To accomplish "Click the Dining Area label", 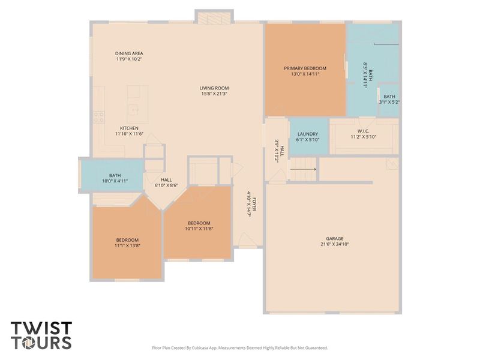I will (x=129, y=53).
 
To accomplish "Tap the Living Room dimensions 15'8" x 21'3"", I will (x=214, y=94).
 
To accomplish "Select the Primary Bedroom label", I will (x=305, y=68).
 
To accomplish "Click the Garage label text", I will (x=335, y=239).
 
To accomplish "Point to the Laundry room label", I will (x=308, y=134).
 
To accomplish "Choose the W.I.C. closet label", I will (x=363, y=131).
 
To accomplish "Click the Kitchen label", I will (x=129, y=128).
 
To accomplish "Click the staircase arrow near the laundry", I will (x=304, y=170).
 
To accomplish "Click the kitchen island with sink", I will (x=137, y=102).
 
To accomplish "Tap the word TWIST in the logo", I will (x=41, y=329).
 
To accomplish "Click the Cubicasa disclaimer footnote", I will (x=240, y=347).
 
